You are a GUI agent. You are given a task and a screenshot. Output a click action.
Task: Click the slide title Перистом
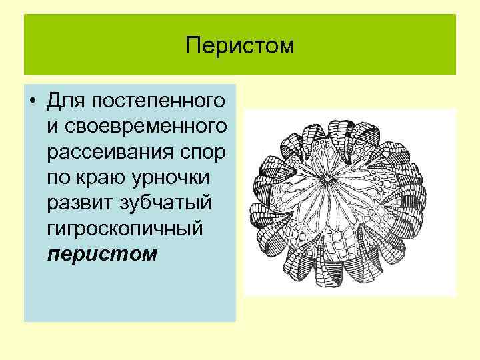coord(240,46)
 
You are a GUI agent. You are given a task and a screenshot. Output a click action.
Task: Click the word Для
coord(65,101)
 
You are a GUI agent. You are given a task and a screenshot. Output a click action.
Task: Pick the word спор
coord(207,152)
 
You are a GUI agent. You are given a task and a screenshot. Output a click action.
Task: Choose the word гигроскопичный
coord(124,228)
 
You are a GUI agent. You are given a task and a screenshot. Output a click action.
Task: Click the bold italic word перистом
coord(102,253)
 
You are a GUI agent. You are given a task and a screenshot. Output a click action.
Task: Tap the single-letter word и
coord(53,127)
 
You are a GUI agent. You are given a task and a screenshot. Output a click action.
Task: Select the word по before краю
coord(61,177)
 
